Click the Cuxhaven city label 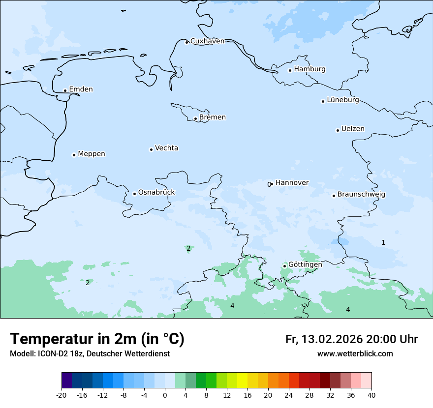point(207,41)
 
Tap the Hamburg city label point(309,69)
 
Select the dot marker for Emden point(65,90)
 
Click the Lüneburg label point(342,100)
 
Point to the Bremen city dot point(195,118)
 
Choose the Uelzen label point(353,129)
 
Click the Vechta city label point(166,148)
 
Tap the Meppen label point(92,154)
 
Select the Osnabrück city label point(156,192)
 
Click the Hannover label point(292,182)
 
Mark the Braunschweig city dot point(334,196)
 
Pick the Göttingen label point(305,264)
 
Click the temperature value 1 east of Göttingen point(383,242)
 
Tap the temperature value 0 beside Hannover point(269,184)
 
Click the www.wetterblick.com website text point(355,354)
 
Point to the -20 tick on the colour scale point(62,395)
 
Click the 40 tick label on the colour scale point(371,395)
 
